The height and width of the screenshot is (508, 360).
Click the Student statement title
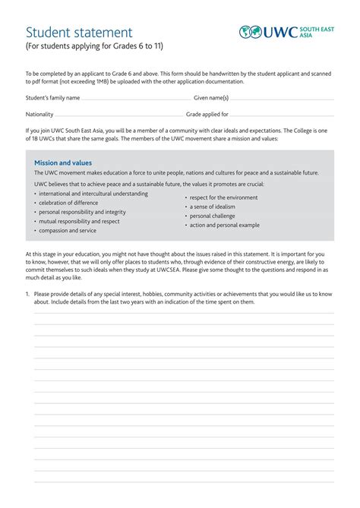(79, 33)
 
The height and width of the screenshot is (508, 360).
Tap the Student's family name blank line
(136, 99)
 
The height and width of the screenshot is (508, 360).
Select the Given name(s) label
(211, 98)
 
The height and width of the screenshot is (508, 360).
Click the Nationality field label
(39, 115)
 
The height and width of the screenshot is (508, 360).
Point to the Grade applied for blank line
(282, 115)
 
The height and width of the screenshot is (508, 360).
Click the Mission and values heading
(63, 162)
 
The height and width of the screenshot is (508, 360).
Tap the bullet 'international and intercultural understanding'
(93, 194)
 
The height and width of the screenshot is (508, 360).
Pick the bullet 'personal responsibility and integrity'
(82, 212)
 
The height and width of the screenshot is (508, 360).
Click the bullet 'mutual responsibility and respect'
(79, 222)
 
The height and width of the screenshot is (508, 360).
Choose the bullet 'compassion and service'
(68, 231)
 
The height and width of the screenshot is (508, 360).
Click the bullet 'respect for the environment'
(223, 197)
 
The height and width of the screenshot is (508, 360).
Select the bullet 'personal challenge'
(212, 216)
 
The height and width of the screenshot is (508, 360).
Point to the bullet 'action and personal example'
(224, 225)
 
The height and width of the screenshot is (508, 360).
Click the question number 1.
(27, 293)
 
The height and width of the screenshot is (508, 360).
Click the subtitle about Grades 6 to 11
(95, 46)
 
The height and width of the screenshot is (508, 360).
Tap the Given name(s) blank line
(282, 99)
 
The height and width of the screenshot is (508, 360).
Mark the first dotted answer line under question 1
(184, 313)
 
